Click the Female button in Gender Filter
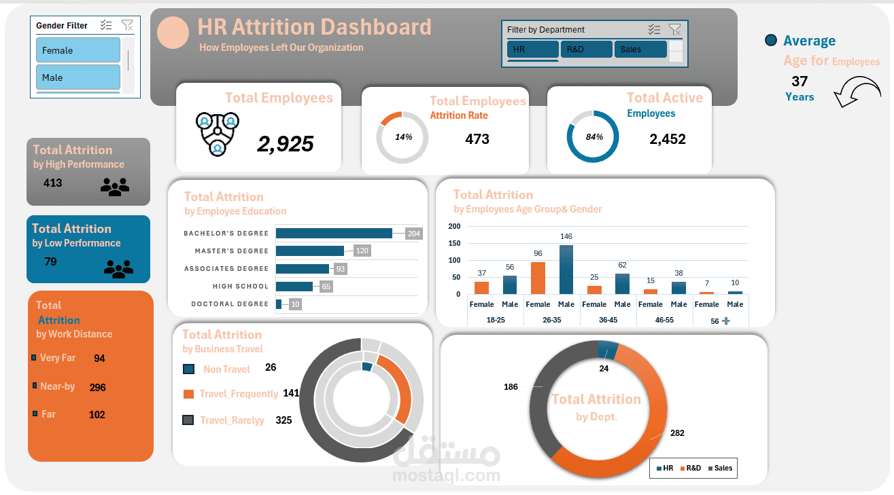(x=78, y=50)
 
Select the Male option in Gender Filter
(x=78, y=77)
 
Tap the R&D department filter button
(x=586, y=50)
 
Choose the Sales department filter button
(x=640, y=50)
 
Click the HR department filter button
(x=532, y=50)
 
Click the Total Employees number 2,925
(x=285, y=143)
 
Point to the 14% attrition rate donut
(x=402, y=137)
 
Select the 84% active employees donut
(x=594, y=136)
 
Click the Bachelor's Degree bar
(x=334, y=234)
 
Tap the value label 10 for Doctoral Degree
(x=294, y=304)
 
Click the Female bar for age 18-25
(x=481, y=288)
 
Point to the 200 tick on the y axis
(x=454, y=227)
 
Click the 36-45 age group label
(x=608, y=320)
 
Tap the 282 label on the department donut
(x=676, y=433)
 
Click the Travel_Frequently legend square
(x=188, y=394)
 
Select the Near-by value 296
(x=97, y=388)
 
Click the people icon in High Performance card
(x=114, y=187)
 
